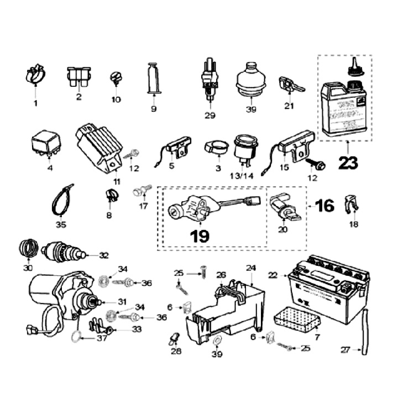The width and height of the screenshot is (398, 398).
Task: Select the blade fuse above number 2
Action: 79,77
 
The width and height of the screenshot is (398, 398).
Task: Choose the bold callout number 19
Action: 200,237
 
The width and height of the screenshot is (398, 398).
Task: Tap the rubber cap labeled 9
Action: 154,80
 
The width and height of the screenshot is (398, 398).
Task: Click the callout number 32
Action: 104,255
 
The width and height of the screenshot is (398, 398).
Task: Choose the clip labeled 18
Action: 350,205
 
